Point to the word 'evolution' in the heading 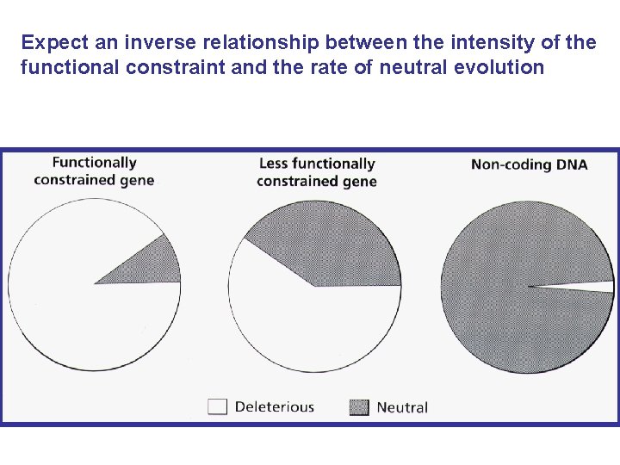coord(505,67)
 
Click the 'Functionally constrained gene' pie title coord(94,170)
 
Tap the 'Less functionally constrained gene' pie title coord(316,171)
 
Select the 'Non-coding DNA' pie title coord(529,164)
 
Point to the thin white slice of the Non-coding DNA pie coord(598,287)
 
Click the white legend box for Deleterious coord(217,406)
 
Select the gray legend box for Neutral coord(359,406)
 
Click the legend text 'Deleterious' coord(275,406)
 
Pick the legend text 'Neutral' coord(402,406)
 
